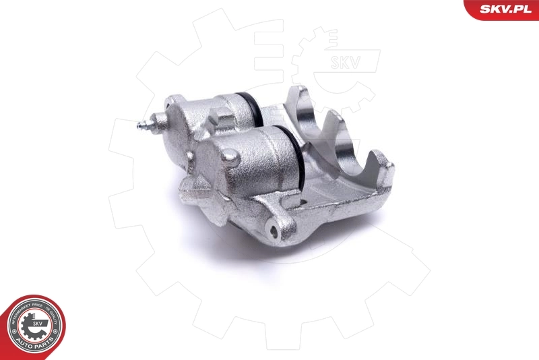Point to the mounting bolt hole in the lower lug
(x=273, y=233)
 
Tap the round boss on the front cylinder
(x=230, y=158)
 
